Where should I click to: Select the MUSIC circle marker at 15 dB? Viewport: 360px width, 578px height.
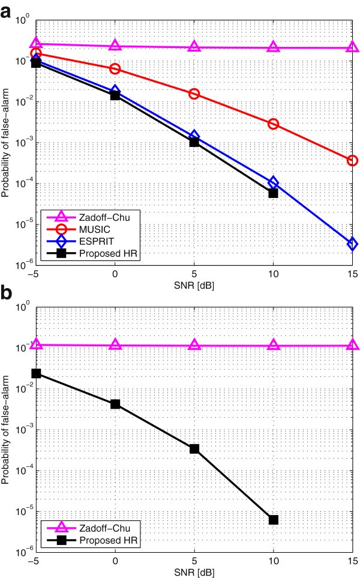[x=352, y=160]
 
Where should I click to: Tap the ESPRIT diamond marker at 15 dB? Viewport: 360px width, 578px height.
[x=352, y=244]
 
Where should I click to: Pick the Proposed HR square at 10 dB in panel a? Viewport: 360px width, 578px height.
[x=274, y=193]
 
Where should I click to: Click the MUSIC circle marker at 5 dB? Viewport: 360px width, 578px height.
[x=194, y=94]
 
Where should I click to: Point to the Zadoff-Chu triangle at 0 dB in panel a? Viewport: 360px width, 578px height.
[x=115, y=46]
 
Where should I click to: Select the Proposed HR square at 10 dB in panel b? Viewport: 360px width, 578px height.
[x=274, y=519]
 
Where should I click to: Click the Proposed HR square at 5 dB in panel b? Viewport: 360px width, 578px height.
[x=194, y=448]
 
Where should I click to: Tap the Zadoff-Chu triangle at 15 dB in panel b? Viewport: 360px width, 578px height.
[x=352, y=345]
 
